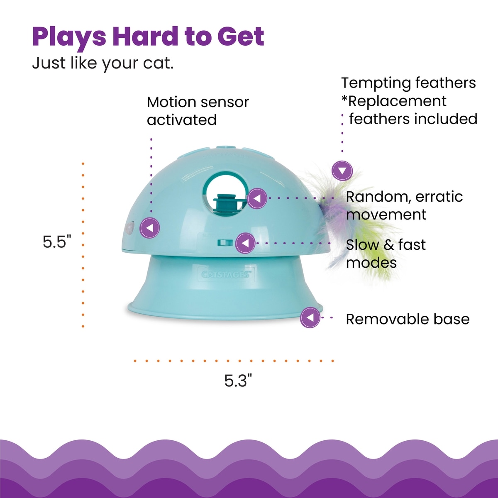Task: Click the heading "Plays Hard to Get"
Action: [x=148, y=37]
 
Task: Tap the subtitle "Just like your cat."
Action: [x=103, y=63]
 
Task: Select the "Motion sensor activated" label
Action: [x=198, y=111]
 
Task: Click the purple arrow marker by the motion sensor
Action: [x=150, y=228]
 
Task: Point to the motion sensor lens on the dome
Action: [x=129, y=228]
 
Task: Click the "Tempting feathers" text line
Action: [x=409, y=83]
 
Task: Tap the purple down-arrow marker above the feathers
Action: [x=342, y=171]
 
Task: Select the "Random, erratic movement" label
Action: [x=404, y=206]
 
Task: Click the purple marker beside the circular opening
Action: [x=257, y=198]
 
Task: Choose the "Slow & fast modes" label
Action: [x=386, y=254]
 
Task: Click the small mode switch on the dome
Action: [x=225, y=243]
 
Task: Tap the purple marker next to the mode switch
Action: [x=246, y=243]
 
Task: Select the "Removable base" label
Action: [x=408, y=319]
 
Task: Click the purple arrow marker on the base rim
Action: [x=310, y=317]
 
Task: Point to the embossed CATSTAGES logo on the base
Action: [x=226, y=274]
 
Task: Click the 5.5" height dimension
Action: [x=57, y=242]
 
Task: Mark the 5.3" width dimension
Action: [x=238, y=381]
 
